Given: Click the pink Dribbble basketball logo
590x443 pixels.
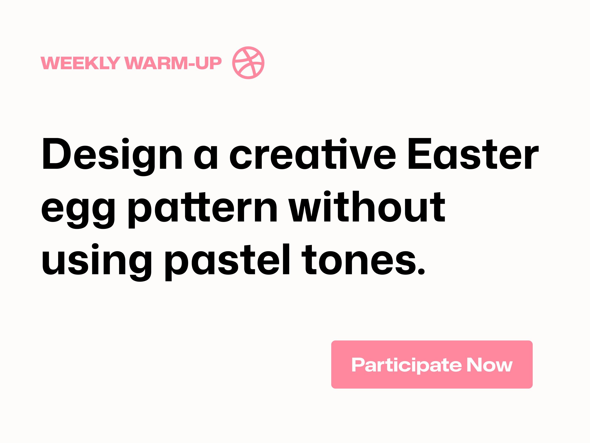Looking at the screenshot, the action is pyautogui.click(x=248, y=63).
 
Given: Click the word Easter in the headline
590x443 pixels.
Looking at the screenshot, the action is pyautogui.click(x=474, y=154).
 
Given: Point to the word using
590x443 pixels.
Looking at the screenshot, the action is pyautogui.click(x=97, y=262).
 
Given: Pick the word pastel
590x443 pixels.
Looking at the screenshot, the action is pyautogui.click(x=227, y=262).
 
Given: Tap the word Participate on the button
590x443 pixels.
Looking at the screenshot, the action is pyautogui.click(x=407, y=366).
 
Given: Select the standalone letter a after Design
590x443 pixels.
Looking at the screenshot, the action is pyautogui.click(x=206, y=157).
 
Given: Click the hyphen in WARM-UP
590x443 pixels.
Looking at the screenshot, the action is pyautogui.click(x=192, y=64).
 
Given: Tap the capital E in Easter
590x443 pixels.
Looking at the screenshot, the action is pyautogui.click(x=420, y=153).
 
